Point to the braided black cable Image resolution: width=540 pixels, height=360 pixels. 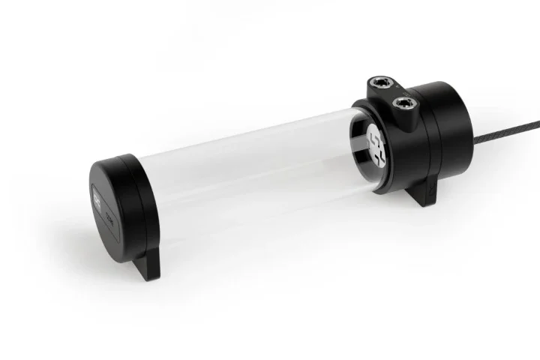click(502, 142)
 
